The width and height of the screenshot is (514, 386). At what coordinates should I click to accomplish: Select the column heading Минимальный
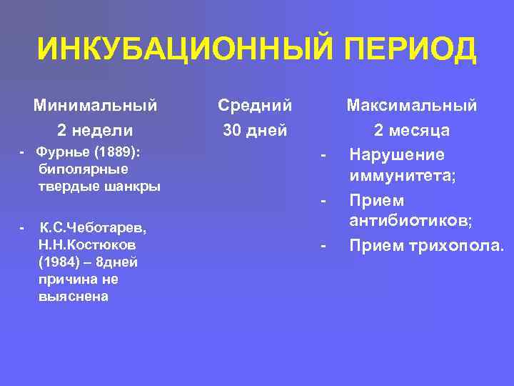tap(96, 106)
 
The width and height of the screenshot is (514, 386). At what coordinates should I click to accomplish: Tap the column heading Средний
tap(255, 106)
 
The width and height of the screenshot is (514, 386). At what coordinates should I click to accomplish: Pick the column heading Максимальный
tap(412, 106)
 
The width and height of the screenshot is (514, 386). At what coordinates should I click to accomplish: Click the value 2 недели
tap(95, 130)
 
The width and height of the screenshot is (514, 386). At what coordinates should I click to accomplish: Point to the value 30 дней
tap(255, 130)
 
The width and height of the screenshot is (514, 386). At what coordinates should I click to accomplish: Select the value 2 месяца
tap(412, 130)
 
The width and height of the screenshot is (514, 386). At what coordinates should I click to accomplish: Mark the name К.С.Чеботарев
tap(93, 228)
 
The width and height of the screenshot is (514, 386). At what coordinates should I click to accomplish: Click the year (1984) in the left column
tap(58, 262)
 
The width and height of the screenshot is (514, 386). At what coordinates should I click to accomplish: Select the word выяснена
tap(74, 297)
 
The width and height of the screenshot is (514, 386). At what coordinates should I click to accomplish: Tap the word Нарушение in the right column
tap(396, 155)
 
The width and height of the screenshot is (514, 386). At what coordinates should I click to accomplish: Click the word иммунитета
tap(402, 177)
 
